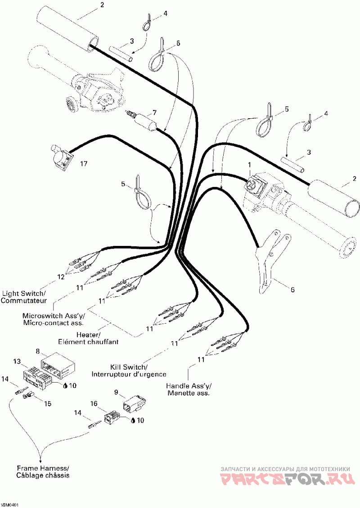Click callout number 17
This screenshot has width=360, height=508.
pos(84,164)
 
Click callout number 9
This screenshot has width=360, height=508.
pos(116,392)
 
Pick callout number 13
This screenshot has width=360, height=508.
pos(17,361)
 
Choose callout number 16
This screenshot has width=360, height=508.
pos(94,404)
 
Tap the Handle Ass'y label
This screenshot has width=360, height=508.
pos(189,389)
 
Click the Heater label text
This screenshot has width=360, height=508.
pos(88,338)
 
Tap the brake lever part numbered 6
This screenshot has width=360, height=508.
pos(265,265)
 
